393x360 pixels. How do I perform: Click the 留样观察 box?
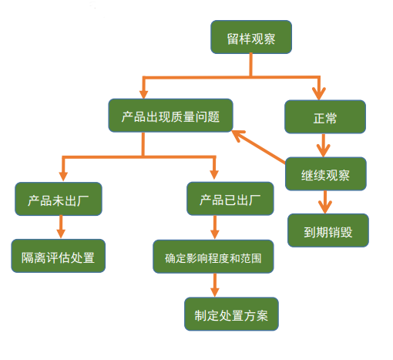(250, 37)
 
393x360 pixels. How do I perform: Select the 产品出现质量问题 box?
(171, 117)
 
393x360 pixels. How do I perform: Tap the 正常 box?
(324, 118)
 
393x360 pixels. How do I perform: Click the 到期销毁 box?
(327, 230)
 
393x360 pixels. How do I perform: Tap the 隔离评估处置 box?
(58, 256)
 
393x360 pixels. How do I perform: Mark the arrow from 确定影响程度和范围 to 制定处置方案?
(215, 286)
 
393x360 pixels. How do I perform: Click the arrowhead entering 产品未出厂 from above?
(61, 174)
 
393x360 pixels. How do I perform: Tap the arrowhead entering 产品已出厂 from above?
(215, 174)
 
